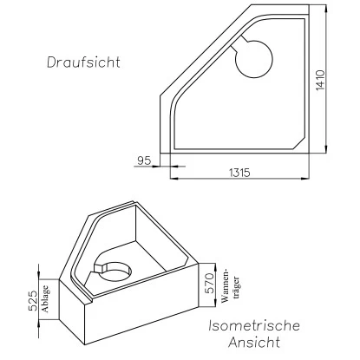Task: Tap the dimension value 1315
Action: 239,172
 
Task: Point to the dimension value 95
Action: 146,160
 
